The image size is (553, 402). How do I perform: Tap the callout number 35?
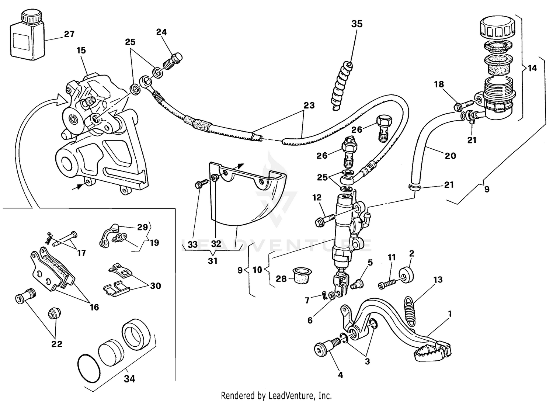357,24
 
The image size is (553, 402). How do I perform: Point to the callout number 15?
81,50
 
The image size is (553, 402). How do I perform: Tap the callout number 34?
130,379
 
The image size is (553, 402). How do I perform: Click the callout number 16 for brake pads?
94,307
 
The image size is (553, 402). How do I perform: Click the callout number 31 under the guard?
213,261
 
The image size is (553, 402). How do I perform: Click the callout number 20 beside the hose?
450,156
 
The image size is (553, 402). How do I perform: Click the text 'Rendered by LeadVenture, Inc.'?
276,396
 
